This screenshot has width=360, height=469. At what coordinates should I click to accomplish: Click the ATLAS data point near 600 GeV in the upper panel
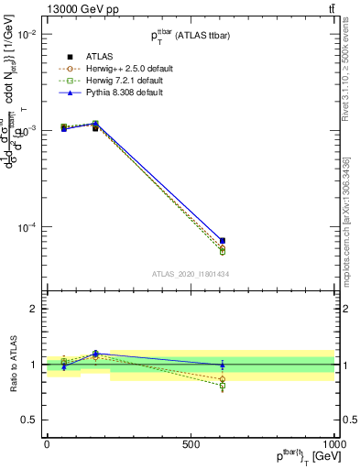tap(223, 240)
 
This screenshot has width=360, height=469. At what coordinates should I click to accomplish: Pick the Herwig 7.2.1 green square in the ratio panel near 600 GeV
tap(223, 387)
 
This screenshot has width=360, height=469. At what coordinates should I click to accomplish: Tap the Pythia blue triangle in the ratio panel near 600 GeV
tap(223, 365)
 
